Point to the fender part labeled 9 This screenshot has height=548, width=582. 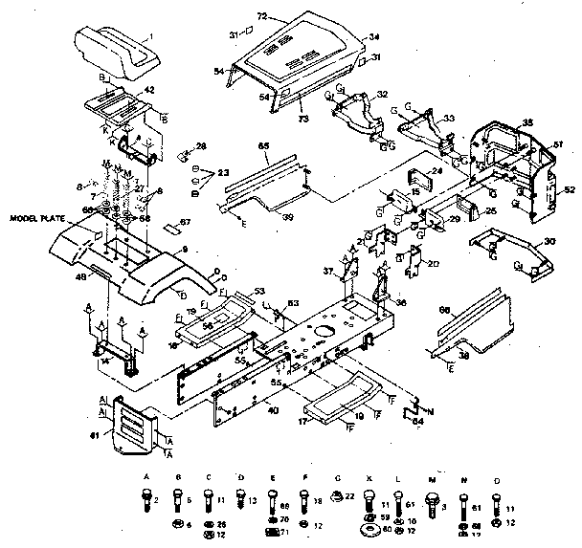[x=144, y=268]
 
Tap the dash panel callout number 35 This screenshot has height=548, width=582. [x=527, y=122]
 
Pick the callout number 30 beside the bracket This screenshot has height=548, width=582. [x=548, y=241]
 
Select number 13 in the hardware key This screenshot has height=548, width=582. [x=253, y=501]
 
